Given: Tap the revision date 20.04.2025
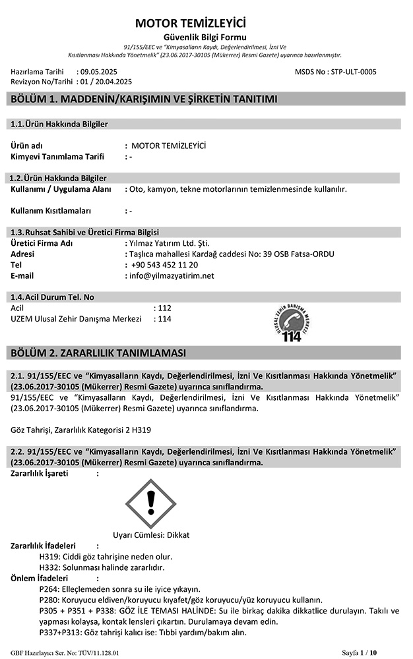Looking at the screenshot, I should [111, 81].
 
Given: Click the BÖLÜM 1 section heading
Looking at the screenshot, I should [141, 100].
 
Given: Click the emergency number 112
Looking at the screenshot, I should [165, 308].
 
